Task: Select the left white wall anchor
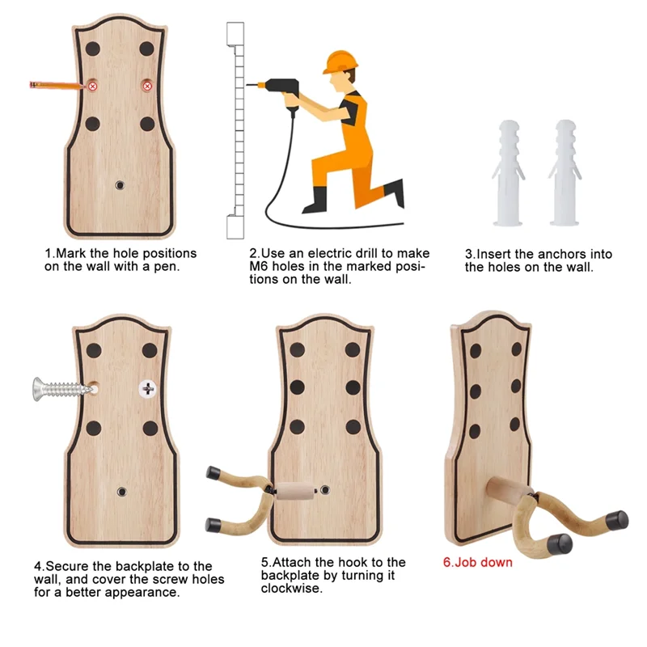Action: point(509,171)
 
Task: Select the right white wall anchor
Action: point(564,171)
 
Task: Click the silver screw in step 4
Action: point(59,389)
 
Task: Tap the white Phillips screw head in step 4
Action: point(147,388)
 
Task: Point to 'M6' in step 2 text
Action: point(259,267)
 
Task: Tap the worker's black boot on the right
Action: point(395,192)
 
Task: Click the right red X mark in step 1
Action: point(147,86)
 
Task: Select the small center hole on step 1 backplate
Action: point(120,185)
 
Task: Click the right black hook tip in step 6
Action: point(619,517)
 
